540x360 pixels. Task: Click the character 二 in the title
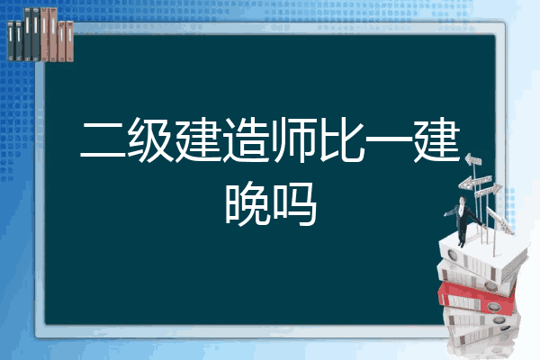(x=103, y=139)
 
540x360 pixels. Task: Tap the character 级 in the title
(x=151, y=139)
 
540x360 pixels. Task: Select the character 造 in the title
(x=246, y=139)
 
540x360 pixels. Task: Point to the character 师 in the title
(x=293, y=139)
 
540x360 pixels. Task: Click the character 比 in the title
(x=341, y=139)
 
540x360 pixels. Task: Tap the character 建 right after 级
(x=198, y=139)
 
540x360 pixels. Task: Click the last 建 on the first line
(x=436, y=139)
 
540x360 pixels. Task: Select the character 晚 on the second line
(x=246, y=203)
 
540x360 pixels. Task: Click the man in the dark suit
(x=463, y=220)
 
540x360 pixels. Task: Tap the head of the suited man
(x=463, y=200)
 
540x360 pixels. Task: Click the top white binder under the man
(x=482, y=256)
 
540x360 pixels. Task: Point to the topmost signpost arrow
(x=473, y=160)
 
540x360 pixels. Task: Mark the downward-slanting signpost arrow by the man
(x=499, y=220)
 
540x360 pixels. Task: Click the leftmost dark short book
(x=11, y=41)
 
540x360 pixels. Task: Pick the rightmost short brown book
(x=69, y=41)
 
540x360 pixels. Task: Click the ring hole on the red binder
(x=492, y=306)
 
